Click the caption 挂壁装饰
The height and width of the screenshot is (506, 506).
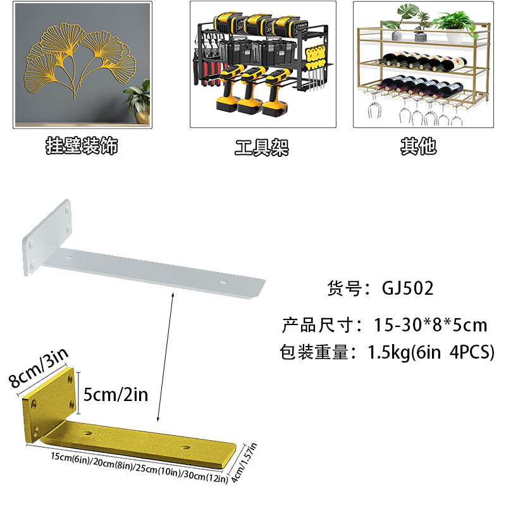[82, 147]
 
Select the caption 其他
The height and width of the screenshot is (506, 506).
[418, 147]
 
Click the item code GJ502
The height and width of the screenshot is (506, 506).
[408, 288]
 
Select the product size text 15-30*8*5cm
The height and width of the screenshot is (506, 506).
[430, 325]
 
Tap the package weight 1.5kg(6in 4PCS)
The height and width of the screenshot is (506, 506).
[430, 352]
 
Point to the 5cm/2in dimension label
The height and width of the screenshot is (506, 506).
[116, 395]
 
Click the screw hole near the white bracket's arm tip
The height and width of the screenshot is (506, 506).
[223, 280]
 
